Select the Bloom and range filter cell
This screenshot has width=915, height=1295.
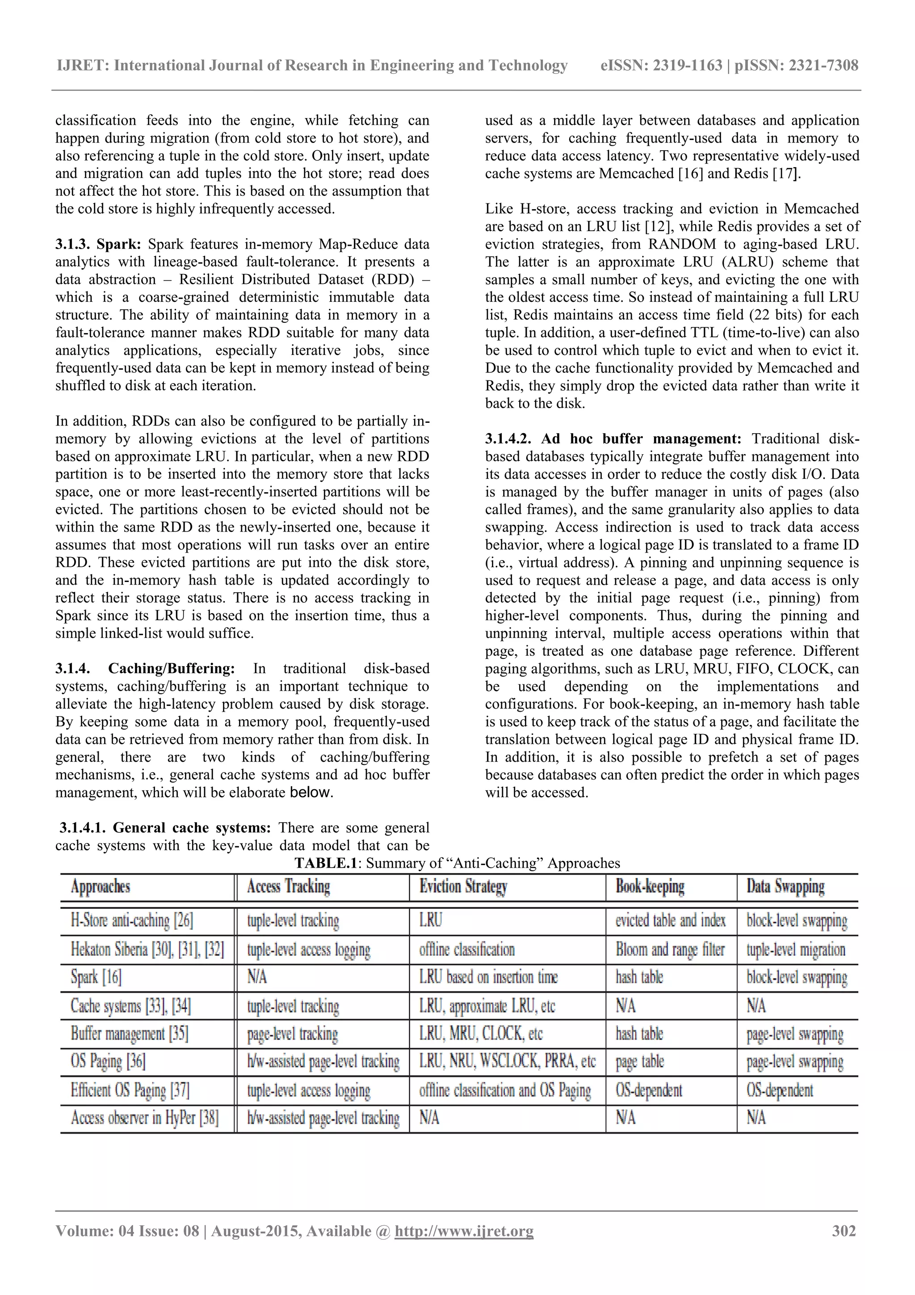670,949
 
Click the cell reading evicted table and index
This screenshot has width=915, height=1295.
670,920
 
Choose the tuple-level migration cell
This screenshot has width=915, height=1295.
795,949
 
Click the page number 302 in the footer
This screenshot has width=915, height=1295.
844,1231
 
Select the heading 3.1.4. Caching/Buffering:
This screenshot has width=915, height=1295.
145,668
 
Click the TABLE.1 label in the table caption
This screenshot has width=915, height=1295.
326,863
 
